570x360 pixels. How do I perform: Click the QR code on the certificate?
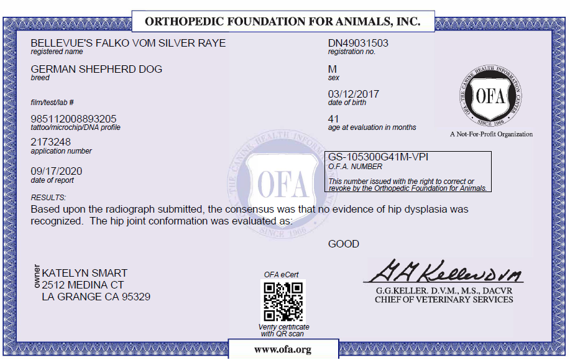point(283,301)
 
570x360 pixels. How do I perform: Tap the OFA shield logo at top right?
point(491,96)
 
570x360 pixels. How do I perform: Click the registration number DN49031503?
point(358,43)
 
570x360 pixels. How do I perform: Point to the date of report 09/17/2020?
point(57,171)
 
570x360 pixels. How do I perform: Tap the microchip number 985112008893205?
point(73,118)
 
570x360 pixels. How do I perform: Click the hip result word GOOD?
point(344,244)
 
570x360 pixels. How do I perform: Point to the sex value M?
point(333,68)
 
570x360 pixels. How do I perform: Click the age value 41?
point(334,118)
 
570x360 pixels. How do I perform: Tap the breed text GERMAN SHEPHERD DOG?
point(96,69)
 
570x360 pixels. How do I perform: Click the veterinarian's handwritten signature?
point(443,271)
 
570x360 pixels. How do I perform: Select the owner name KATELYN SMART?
point(85,273)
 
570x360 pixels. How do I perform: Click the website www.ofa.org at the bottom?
point(283,349)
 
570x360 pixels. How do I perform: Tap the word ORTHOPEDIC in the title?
point(184,22)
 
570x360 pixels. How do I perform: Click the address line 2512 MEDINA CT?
point(83,285)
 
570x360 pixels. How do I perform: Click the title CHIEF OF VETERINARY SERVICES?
point(444,300)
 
